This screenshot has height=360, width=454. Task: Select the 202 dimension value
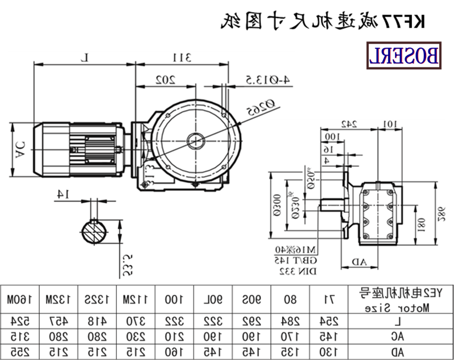coord(165,79)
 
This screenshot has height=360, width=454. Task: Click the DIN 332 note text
coord(297,272)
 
